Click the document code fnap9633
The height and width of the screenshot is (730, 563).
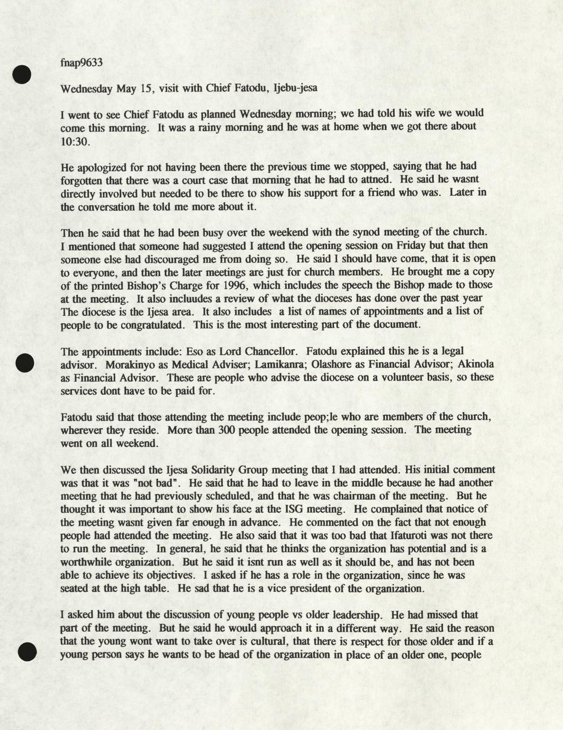point(81,62)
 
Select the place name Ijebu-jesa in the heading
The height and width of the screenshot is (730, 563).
point(295,88)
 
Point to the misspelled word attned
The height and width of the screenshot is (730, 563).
point(376,180)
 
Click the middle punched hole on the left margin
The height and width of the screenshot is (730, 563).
point(24,363)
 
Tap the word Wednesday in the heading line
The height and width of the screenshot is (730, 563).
point(86,88)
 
